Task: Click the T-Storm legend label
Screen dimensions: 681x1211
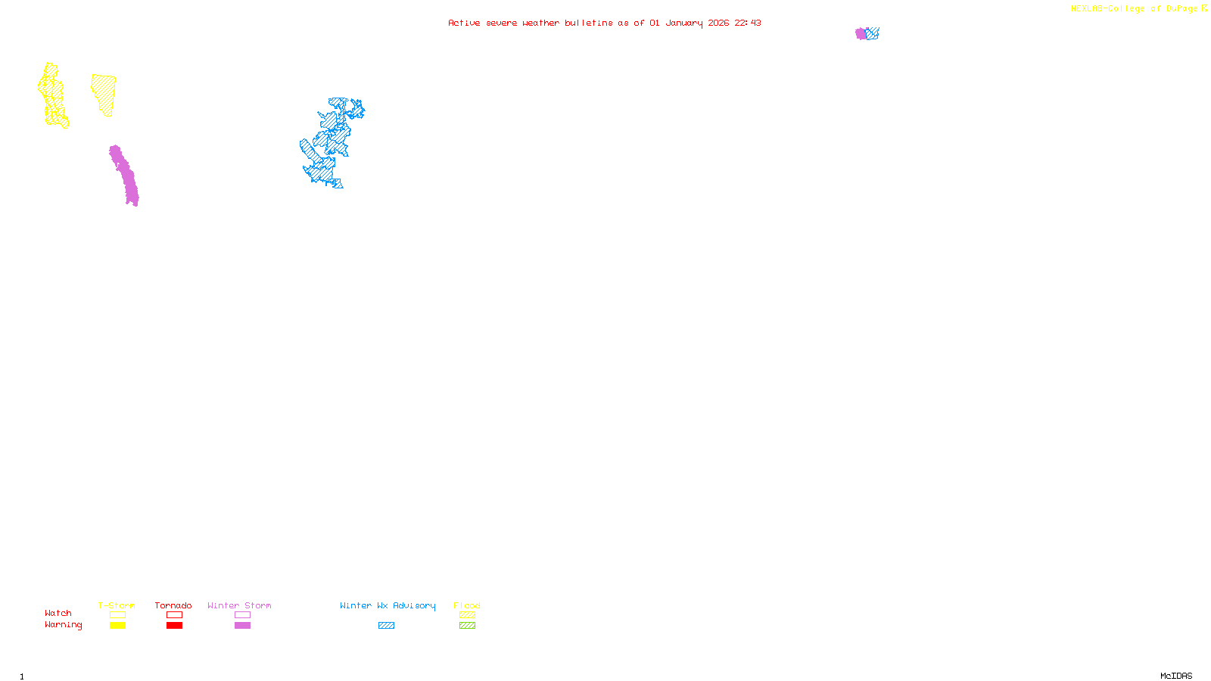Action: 117,605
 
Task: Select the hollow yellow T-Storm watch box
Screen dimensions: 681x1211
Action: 117,615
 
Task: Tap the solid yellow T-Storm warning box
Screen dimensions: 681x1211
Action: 117,626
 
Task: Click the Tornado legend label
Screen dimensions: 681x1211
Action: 173,605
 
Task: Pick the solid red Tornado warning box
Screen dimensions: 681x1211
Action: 174,626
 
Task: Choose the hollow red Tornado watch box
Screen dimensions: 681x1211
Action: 174,615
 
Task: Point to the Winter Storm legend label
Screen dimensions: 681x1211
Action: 239,605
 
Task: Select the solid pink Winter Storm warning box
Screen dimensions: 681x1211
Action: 242,626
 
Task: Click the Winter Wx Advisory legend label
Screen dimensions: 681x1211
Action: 388,605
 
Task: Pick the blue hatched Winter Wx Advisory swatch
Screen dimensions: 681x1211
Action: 386,626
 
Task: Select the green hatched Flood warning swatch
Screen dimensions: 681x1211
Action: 467,626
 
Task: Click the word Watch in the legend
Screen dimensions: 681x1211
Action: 58,613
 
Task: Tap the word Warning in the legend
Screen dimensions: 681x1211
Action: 63,625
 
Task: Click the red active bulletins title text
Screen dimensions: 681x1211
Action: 604,23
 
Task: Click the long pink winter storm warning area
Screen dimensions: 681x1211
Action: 124,175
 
